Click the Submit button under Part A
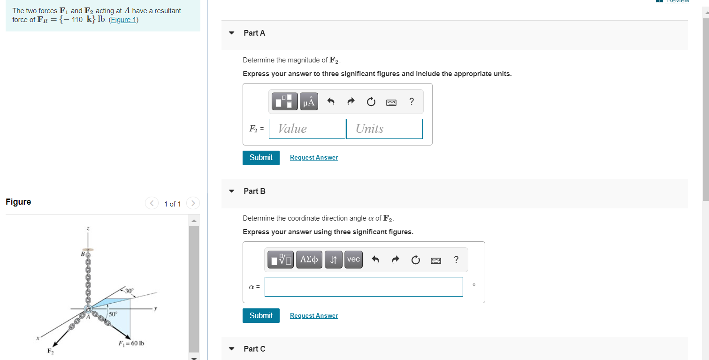point(261,158)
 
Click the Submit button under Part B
point(261,316)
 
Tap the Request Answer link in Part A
point(314,158)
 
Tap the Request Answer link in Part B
point(314,316)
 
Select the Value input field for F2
point(307,129)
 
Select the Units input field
point(384,129)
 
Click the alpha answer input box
point(364,287)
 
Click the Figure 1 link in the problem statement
point(123,20)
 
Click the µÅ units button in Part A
point(309,102)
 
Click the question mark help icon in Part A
point(412,101)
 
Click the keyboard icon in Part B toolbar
point(436,260)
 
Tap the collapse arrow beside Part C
point(231,349)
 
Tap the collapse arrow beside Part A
point(231,33)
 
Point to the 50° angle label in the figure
point(113,313)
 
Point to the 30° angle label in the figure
point(129,291)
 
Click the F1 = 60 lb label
point(131,343)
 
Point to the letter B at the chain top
point(83,254)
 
